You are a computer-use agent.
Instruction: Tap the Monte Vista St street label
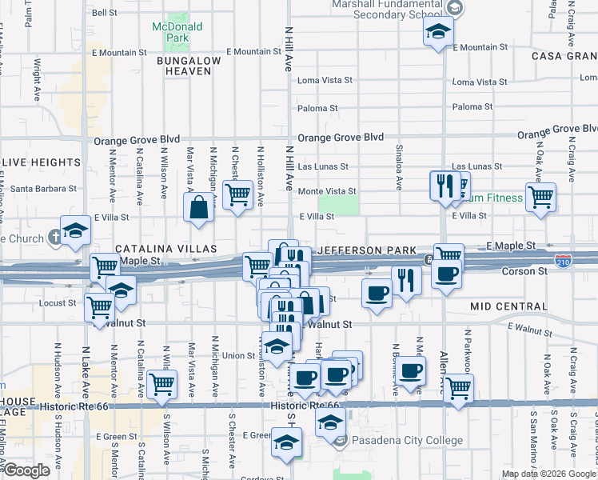coord(327,191)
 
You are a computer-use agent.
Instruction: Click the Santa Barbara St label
coord(44,189)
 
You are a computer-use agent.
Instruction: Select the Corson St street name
coord(524,271)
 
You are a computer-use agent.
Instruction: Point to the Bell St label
coord(105,13)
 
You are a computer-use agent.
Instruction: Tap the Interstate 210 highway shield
coord(563,261)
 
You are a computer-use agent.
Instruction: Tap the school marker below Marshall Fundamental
coord(438,32)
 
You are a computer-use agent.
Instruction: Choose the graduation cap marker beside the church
coord(76,231)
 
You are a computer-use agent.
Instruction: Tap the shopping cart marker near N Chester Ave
coord(237,194)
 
